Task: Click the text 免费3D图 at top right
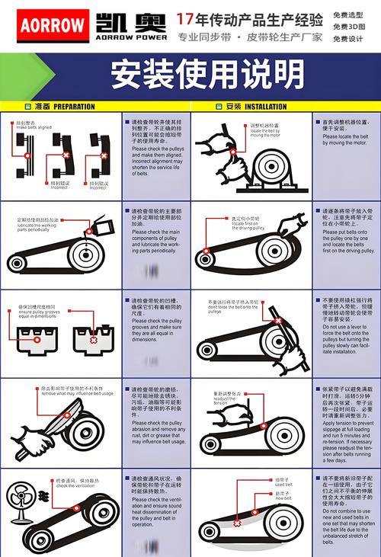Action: (x=348, y=27)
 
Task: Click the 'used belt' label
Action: (x=283, y=484)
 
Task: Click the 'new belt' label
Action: (x=283, y=497)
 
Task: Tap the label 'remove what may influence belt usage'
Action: (x=76, y=392)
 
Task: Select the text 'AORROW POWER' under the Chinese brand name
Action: (x=131, y=36)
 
